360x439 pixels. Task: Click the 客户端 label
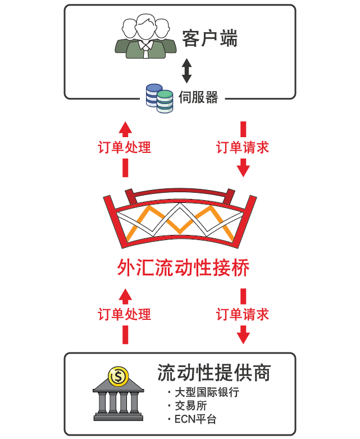(x=210, y=38)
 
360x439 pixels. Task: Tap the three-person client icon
(x=145, y=36)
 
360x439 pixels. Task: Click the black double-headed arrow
(x=186, y=71)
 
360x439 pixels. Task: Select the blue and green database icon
(x=160, y=98)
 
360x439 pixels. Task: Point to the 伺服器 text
(x=198, y=97)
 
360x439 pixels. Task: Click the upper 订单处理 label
(x=125, y=147)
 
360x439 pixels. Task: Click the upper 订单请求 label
(x=243, y=147)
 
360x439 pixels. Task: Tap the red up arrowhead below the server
(x=125, y=129)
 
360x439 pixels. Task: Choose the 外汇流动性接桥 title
(x=183, y=268)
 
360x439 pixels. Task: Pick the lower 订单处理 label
(x=125, y=314)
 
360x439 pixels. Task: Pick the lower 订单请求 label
(x=243, y=314)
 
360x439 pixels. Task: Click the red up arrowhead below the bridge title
(x=125, y=296)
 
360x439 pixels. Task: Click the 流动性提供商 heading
(x=214, y=373)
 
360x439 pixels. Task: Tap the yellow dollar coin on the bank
(x=119, y=377)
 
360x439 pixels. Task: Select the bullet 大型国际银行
(x=204, y=392)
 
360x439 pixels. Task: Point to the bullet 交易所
(x=188, y=406)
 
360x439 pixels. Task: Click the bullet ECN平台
(x=192, y=419)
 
